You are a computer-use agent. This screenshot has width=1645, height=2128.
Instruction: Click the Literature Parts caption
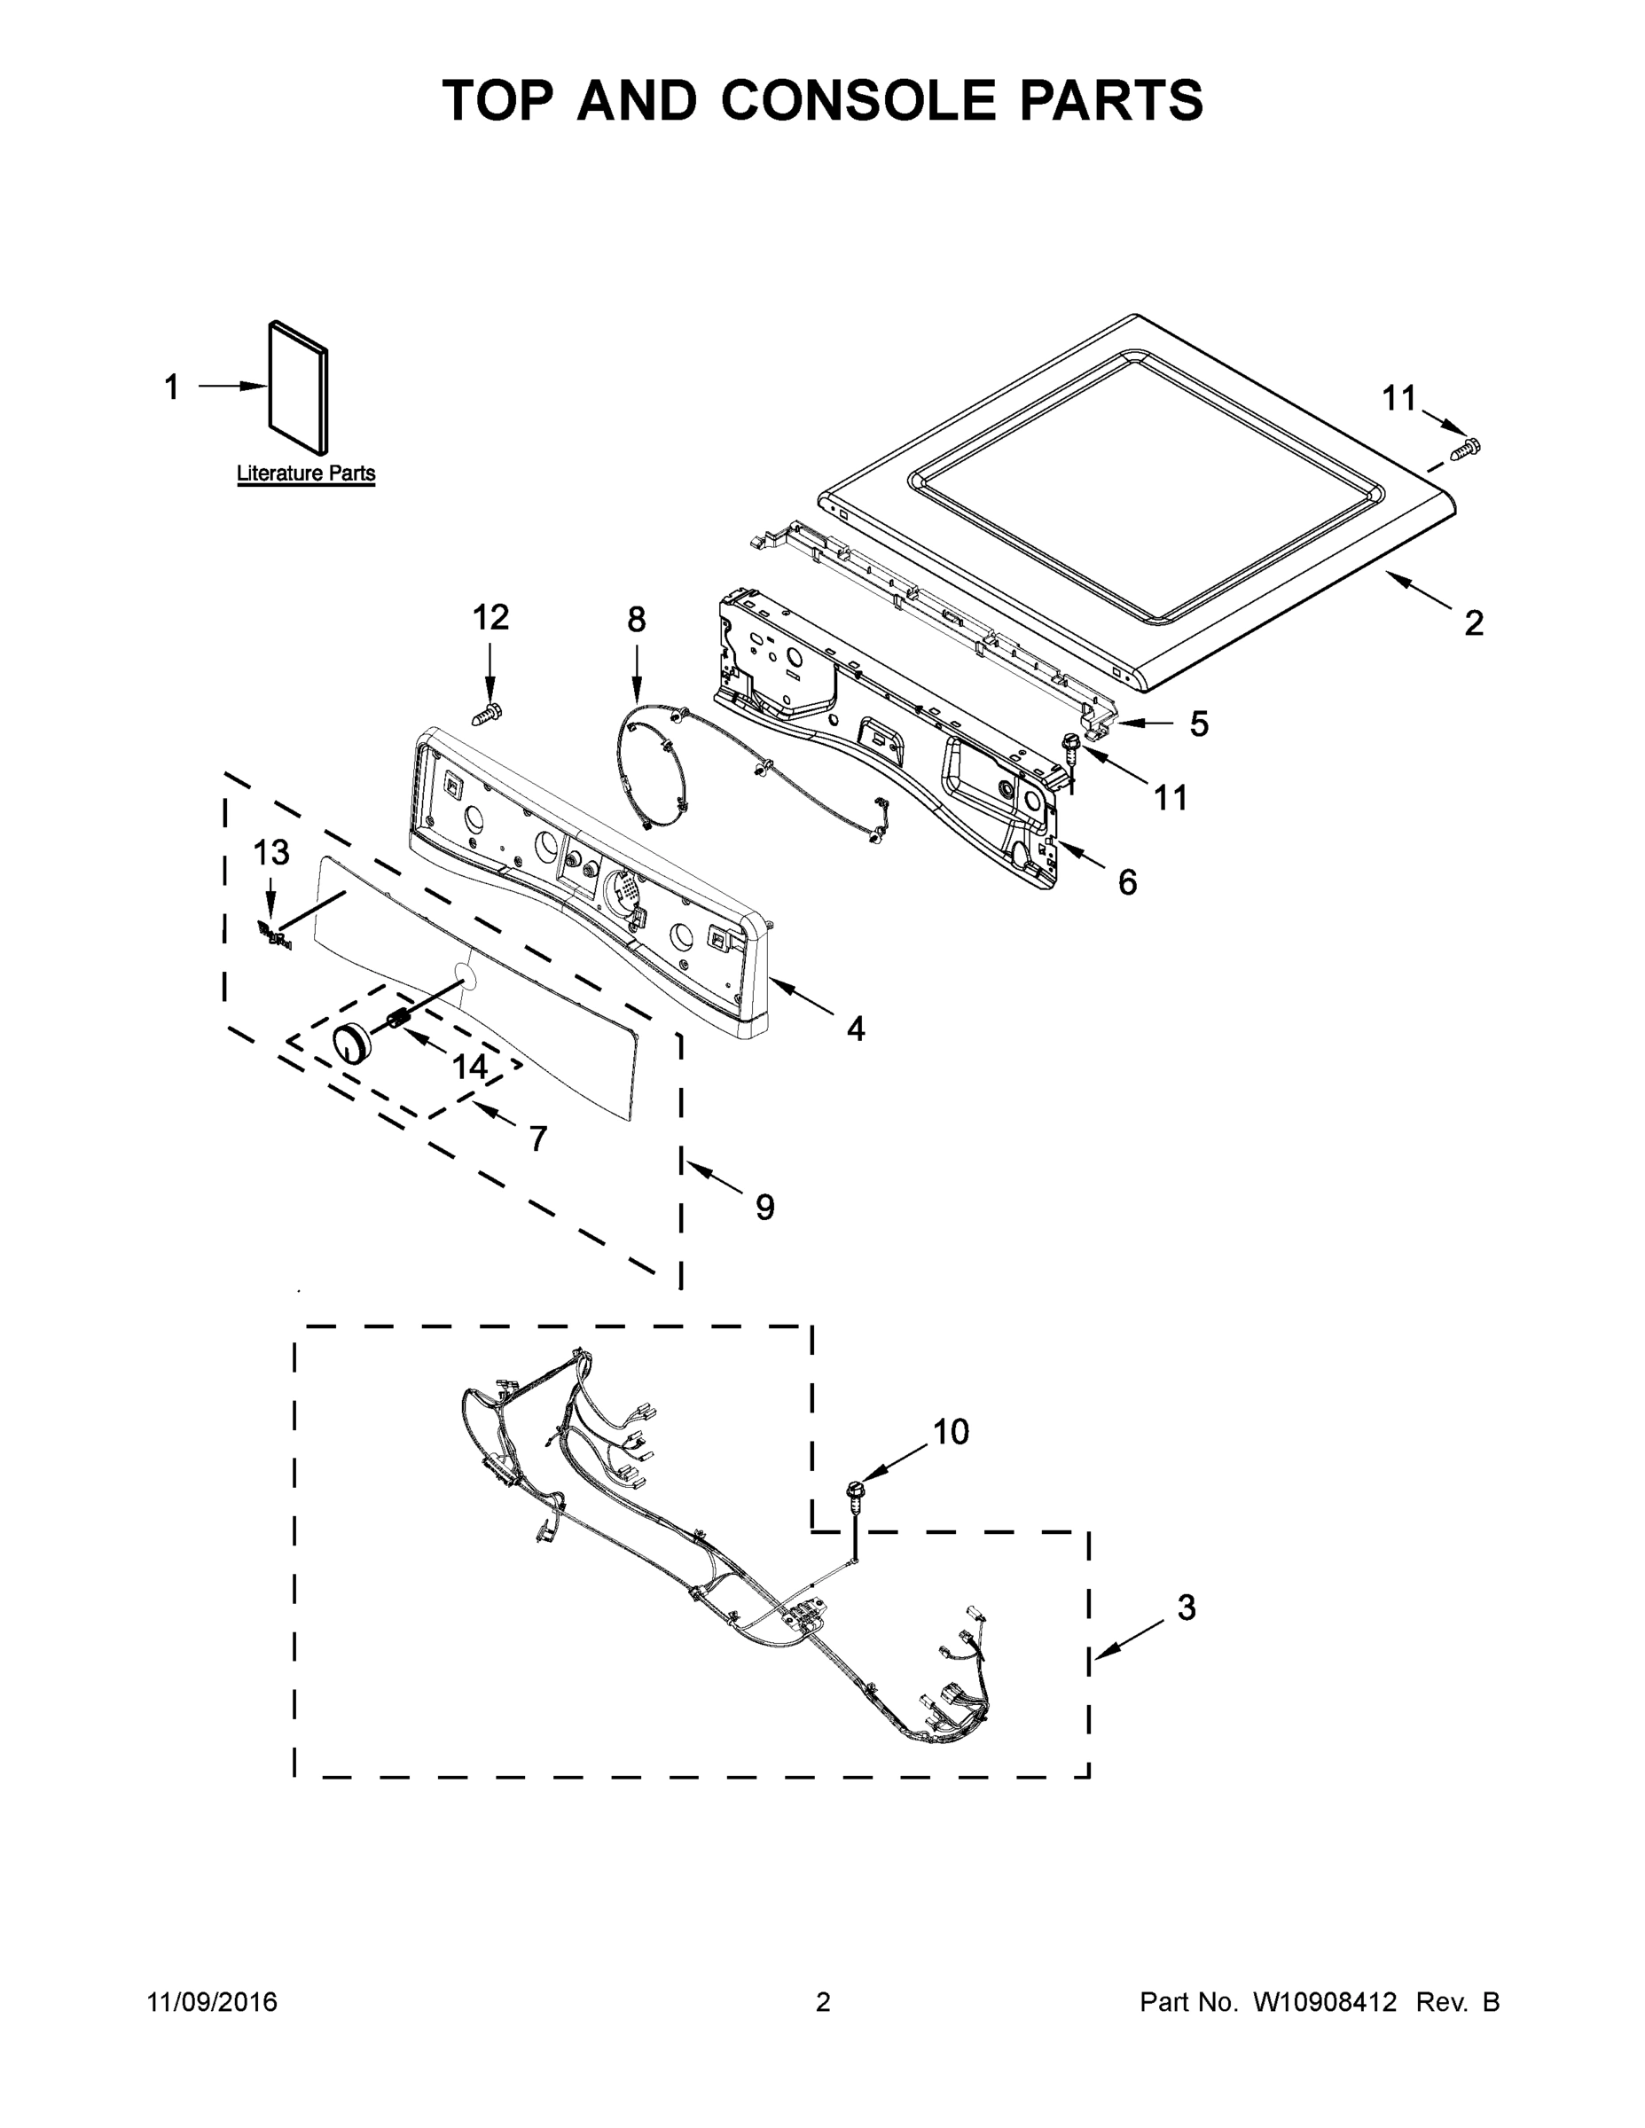point(306,473)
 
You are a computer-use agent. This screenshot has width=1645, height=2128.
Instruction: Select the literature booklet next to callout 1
point(298,387)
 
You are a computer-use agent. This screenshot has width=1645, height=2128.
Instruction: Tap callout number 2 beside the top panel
point(1474,622)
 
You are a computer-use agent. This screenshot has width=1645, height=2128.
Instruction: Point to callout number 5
point(1199,724)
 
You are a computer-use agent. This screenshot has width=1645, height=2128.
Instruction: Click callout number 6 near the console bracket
point(1127,883)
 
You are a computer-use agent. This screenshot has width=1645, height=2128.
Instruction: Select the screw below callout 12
point(487,716)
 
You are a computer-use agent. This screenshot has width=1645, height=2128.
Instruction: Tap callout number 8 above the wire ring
point(637,620)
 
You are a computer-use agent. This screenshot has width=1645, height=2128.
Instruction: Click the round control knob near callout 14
point(352,1044)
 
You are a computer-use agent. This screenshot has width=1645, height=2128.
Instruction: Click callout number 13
point(272,853)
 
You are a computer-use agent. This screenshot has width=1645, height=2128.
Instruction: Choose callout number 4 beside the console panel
point(856,1028)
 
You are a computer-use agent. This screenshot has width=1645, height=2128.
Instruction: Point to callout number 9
point(765,1208)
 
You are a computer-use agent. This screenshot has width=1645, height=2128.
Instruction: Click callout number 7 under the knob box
point(538,1138)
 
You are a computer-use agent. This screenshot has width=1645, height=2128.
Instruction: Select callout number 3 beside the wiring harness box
point(1186,1608)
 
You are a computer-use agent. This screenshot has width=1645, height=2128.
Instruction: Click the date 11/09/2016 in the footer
point(213,2002)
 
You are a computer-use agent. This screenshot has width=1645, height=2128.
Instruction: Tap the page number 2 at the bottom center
point(823,2002)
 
